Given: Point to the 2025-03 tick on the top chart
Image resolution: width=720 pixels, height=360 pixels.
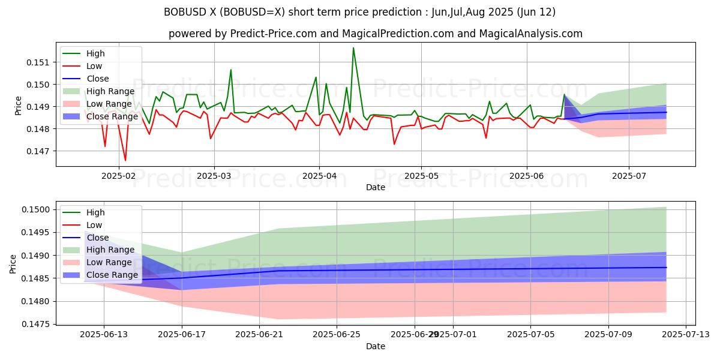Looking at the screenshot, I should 214,175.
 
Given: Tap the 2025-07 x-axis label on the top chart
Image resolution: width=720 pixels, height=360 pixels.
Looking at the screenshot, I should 629,175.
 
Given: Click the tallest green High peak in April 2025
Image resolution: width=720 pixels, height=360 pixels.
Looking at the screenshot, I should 353,48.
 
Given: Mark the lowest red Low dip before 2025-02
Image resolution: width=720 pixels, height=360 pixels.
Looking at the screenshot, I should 125,160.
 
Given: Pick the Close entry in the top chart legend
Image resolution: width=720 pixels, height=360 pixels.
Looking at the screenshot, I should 97,79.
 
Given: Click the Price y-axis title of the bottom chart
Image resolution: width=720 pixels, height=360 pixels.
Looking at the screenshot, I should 13,263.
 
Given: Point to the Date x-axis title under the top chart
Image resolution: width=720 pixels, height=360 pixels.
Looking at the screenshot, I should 376,187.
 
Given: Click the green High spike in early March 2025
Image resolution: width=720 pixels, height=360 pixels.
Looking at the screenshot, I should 231,70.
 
